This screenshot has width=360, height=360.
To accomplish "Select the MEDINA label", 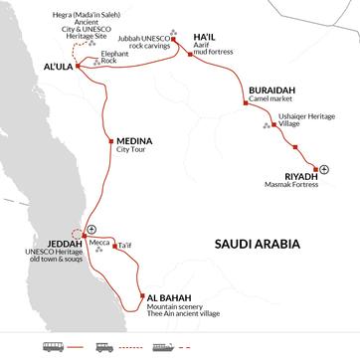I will [134, 142].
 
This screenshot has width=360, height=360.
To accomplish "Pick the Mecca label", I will [99, 242].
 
